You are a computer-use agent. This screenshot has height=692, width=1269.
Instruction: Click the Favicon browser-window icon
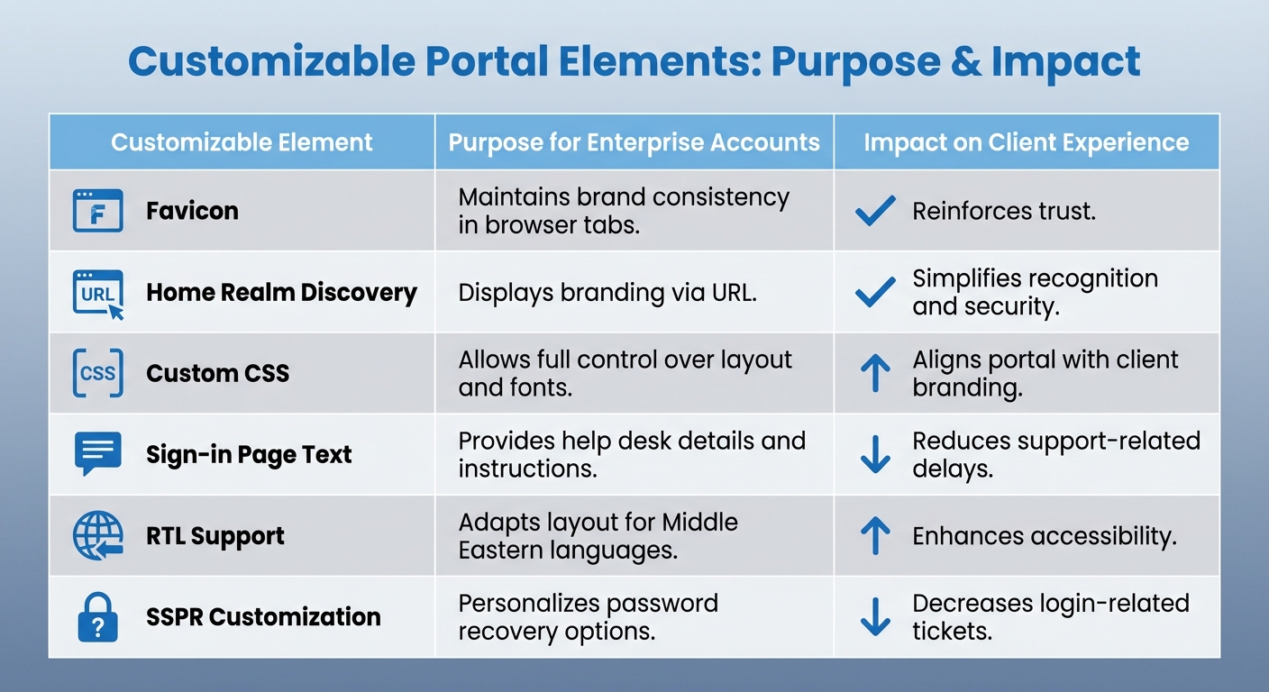point(97,211)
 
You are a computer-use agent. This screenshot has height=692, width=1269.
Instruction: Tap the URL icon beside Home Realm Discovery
point(97,294)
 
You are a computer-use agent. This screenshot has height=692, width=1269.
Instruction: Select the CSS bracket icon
point(97,373)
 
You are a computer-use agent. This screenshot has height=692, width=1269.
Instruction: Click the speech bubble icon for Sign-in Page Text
point(97,453)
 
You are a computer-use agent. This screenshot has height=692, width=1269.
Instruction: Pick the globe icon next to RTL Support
point(97,535)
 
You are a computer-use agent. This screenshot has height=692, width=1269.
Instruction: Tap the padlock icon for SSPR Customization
point(97,617)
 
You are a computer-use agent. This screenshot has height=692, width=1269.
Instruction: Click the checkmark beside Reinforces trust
point(874,211)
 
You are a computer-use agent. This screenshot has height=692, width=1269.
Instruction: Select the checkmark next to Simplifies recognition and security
point(874,292)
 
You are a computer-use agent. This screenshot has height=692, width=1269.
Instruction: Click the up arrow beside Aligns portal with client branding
point(875,373)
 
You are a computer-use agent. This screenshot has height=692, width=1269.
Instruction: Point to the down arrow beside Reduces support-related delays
point(875,454)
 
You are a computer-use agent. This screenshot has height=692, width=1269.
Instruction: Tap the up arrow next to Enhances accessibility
point(875,535)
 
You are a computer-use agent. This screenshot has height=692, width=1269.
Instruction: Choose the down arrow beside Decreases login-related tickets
point(875,617)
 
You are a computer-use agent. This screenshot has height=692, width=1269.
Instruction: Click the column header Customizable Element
point(242,142)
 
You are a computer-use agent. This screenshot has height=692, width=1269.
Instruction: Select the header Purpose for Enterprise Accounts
point(634,142)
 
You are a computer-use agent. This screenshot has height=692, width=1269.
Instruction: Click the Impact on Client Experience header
point(1026,142)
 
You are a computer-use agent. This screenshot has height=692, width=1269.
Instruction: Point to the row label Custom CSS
point(217,374)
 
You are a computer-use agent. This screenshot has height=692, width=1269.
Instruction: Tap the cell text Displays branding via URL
point(606,293)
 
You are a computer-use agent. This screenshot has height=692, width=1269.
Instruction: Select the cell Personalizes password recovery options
point(588,617)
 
